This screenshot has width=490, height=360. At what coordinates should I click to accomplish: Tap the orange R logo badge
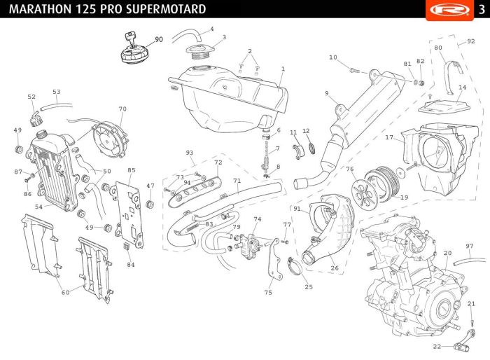pos(449,10)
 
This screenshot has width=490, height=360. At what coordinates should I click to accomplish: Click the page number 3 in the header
pos(482,10)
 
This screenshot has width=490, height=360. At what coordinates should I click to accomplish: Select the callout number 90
pos(159,39)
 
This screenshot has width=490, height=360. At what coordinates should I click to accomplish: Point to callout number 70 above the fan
pos(122,109)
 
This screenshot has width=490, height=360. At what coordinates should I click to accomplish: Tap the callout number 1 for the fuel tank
pos(283,69)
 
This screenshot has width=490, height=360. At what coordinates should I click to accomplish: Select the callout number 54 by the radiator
pos(38,207)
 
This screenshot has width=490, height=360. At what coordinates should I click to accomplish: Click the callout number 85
pos(132,170)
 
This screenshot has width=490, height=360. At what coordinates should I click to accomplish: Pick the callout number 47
pos(150,186)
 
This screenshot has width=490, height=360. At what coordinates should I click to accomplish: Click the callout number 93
pos(190,153)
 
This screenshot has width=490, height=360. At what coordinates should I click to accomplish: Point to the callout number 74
pos(258,219)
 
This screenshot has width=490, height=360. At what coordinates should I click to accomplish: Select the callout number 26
pos(335,268)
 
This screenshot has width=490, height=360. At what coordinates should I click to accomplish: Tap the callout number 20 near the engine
pos(447,253)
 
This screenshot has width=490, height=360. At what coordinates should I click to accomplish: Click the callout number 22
pos(437,346)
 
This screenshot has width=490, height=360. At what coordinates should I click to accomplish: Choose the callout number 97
pos(470,246)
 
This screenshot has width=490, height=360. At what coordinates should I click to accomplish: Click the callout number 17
pos(389,137)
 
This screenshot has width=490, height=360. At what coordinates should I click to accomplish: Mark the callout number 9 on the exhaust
pos(327,93)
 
